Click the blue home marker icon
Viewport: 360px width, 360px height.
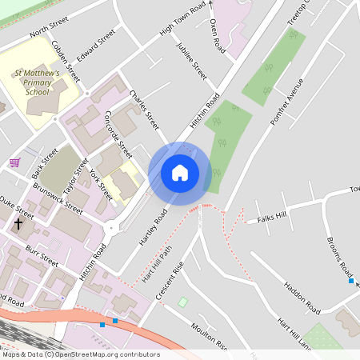pyautogui.click(x=180, y=173)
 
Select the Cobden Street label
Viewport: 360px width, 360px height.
pyautogui.click(x=66, y=60)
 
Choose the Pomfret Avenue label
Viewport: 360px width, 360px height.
pyautogui.click(x=288, y=100)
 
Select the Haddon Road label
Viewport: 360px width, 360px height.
pyautogui.click(x=302, y=297)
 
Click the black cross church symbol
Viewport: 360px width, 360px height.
pyautogui.click(x=18, y=225)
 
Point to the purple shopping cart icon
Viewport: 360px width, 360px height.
pyautogui.click(x=14, y=162)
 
